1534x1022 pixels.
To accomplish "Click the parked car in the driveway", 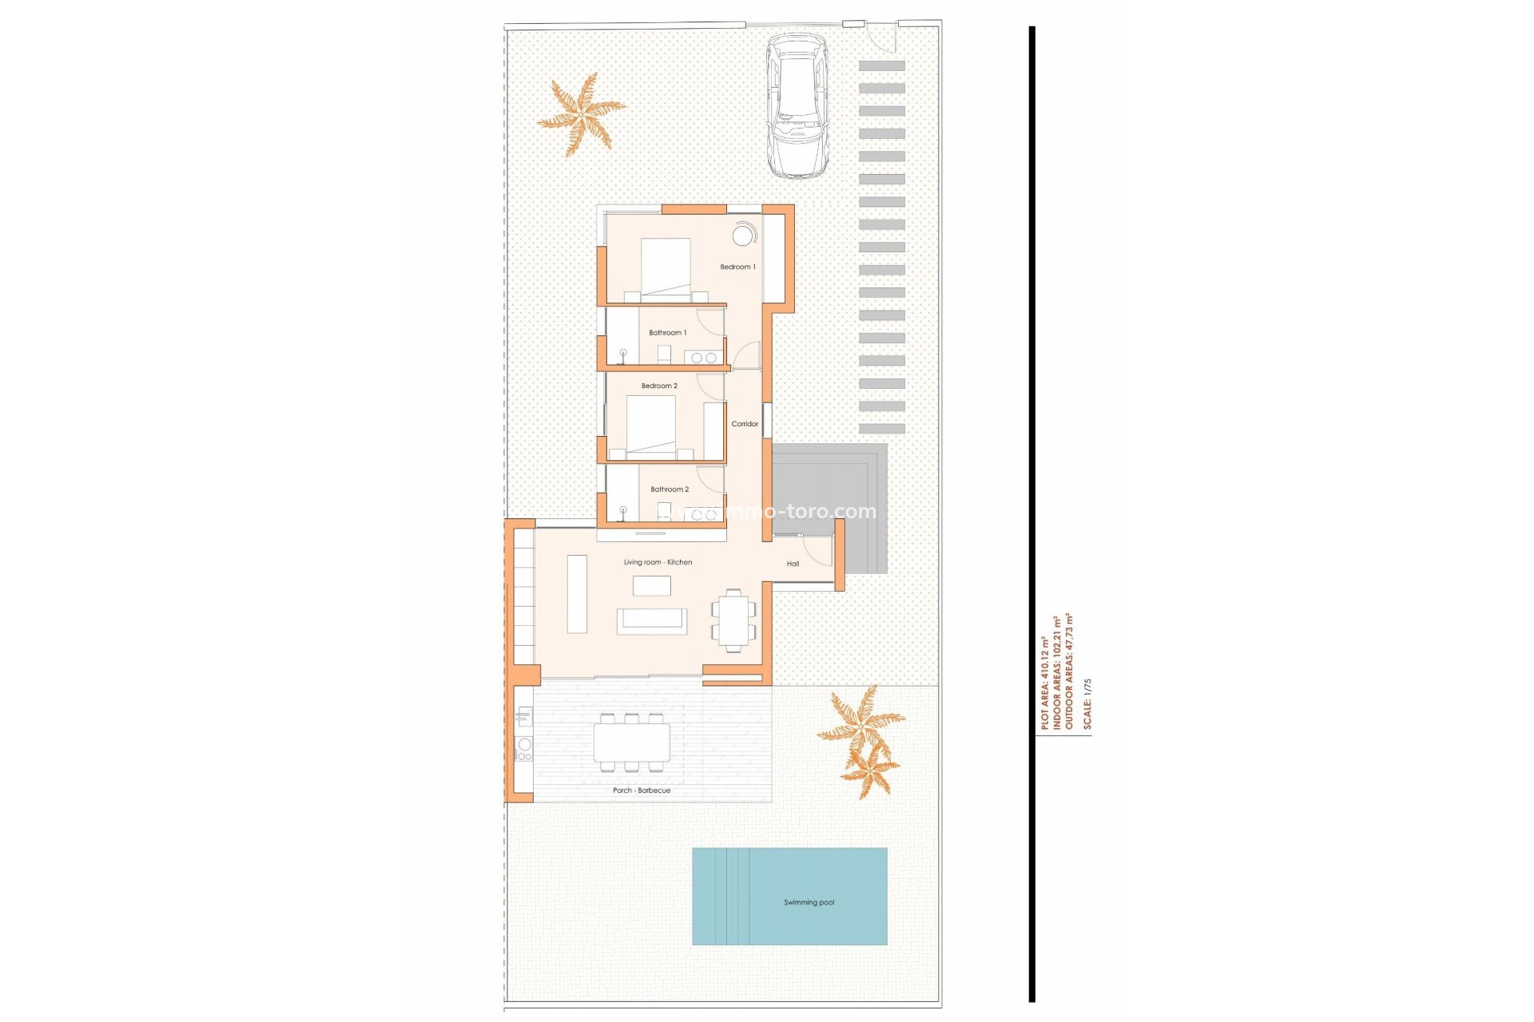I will [797, 105].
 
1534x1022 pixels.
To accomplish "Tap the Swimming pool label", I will [809, 902].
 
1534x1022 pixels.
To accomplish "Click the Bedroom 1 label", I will [737, 267].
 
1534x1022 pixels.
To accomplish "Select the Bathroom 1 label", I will [667, 332].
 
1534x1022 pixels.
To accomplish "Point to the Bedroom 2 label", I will [658, 386].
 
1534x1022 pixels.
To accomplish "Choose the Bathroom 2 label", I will [669, 489].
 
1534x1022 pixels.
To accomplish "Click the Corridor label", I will [744, 424].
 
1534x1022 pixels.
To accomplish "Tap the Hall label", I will [793, 564].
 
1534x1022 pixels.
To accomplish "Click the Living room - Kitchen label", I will [658, 562].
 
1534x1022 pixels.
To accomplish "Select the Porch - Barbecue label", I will [641, 790].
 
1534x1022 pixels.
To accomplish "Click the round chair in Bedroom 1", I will [744, 236].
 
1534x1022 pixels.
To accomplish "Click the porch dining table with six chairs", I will [631, 743].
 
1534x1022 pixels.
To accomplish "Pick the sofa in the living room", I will [651, 620].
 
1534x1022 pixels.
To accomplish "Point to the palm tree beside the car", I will [581, 114].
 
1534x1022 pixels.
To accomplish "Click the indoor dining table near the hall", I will [733, 620].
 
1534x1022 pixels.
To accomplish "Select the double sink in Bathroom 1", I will [703, 358].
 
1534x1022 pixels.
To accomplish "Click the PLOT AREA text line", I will [1044, 683].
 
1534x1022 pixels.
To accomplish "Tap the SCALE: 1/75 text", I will [1087, 704].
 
